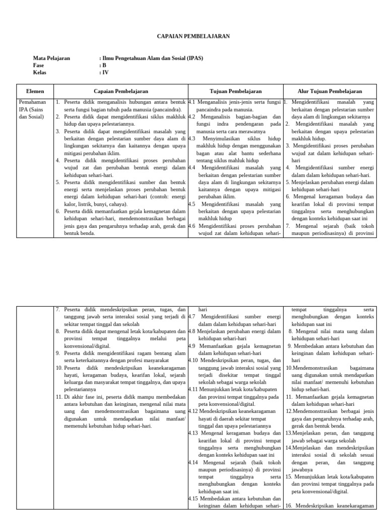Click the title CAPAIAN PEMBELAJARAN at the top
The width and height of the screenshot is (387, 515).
[x=193, y=36]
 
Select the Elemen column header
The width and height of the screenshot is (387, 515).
[x=35, y=91]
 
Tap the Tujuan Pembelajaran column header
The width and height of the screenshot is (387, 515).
[x=235, y=91]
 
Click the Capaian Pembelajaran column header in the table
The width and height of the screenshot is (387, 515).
[x=121, y=91]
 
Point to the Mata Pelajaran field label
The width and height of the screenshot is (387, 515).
[x=51, y=58]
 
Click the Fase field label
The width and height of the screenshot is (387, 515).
[x=39, y=65]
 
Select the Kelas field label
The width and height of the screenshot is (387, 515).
[x=40, y=72]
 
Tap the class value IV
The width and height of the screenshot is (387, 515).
[x=105, y=72]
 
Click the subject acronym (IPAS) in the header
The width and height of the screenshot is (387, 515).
[x=194, y=58]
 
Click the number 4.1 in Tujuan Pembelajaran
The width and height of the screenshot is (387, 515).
[x=192, y=102]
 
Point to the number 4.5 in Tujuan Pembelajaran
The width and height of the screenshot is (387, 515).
[x=192, y=204]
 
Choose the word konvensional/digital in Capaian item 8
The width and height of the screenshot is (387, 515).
[x=82, y=346]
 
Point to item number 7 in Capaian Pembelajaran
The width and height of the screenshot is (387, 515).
[x=57, y=309]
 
